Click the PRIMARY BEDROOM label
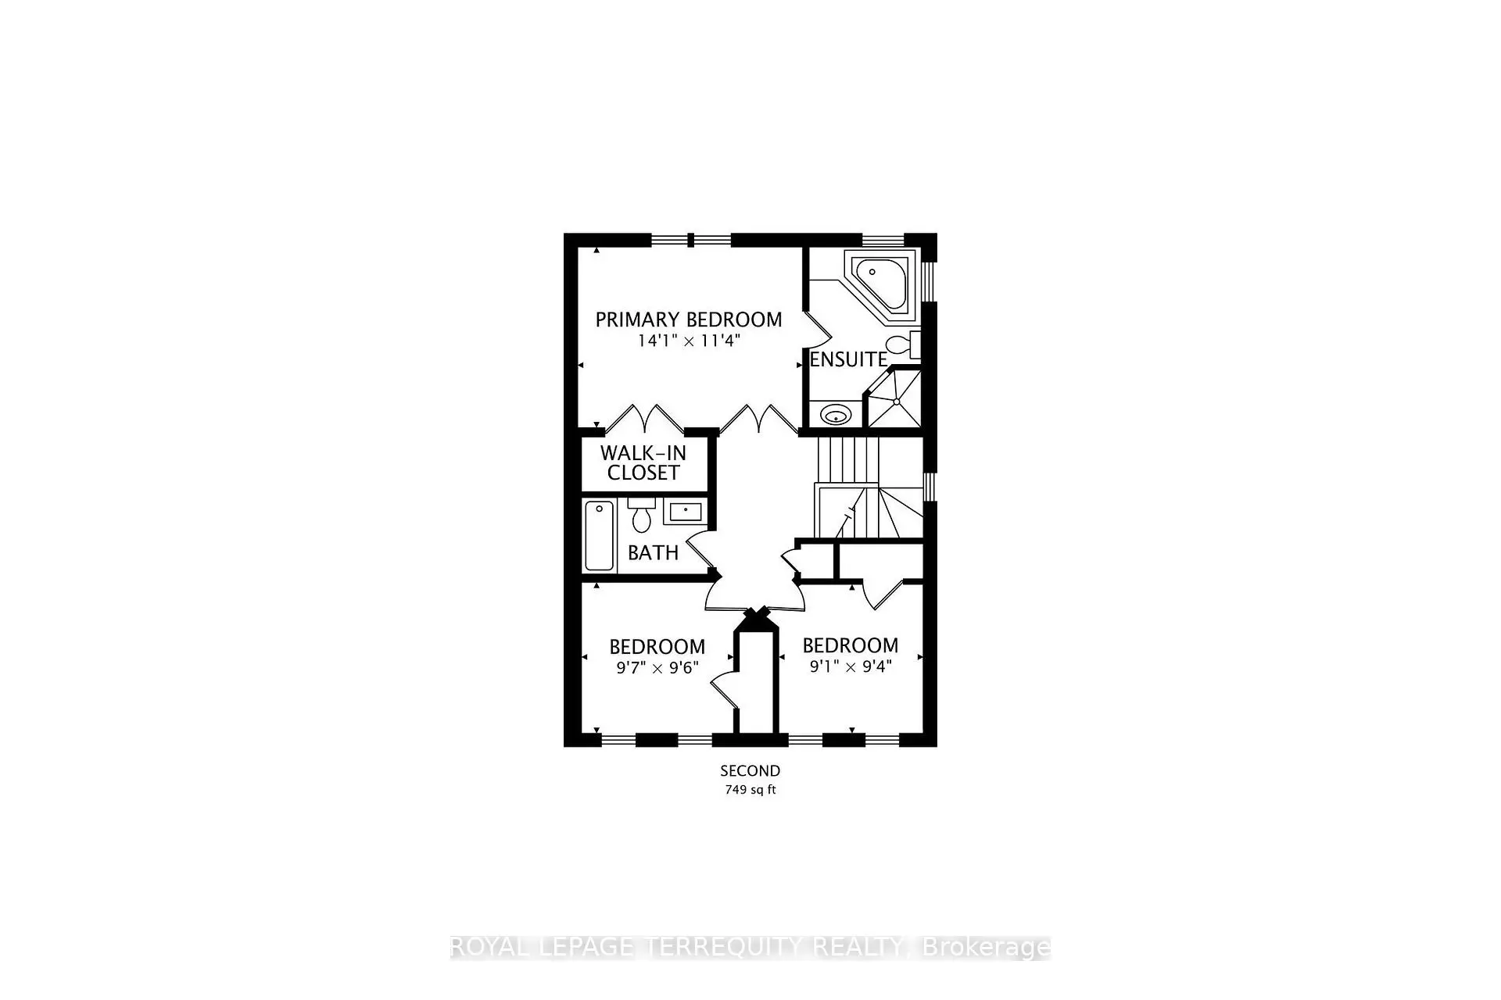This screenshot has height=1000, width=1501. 688,320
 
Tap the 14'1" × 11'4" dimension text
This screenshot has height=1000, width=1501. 688,341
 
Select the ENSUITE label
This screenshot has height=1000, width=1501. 848,359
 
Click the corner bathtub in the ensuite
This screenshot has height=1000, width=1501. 881,282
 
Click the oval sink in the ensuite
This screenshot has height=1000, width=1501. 836,414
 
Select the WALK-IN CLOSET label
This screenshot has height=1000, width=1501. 643,462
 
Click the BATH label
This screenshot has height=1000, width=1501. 653,553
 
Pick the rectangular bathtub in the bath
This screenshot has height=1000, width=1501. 600,535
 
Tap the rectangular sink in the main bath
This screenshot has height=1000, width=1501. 686,512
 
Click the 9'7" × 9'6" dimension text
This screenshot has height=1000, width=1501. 657,668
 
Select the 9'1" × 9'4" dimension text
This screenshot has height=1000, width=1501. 851,666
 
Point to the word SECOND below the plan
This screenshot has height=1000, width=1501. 750,771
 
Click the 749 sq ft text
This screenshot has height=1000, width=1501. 750,790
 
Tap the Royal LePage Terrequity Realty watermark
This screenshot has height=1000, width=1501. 750,948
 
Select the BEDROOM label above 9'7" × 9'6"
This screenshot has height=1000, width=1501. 657,647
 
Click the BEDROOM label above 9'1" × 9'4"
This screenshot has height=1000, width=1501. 851,645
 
